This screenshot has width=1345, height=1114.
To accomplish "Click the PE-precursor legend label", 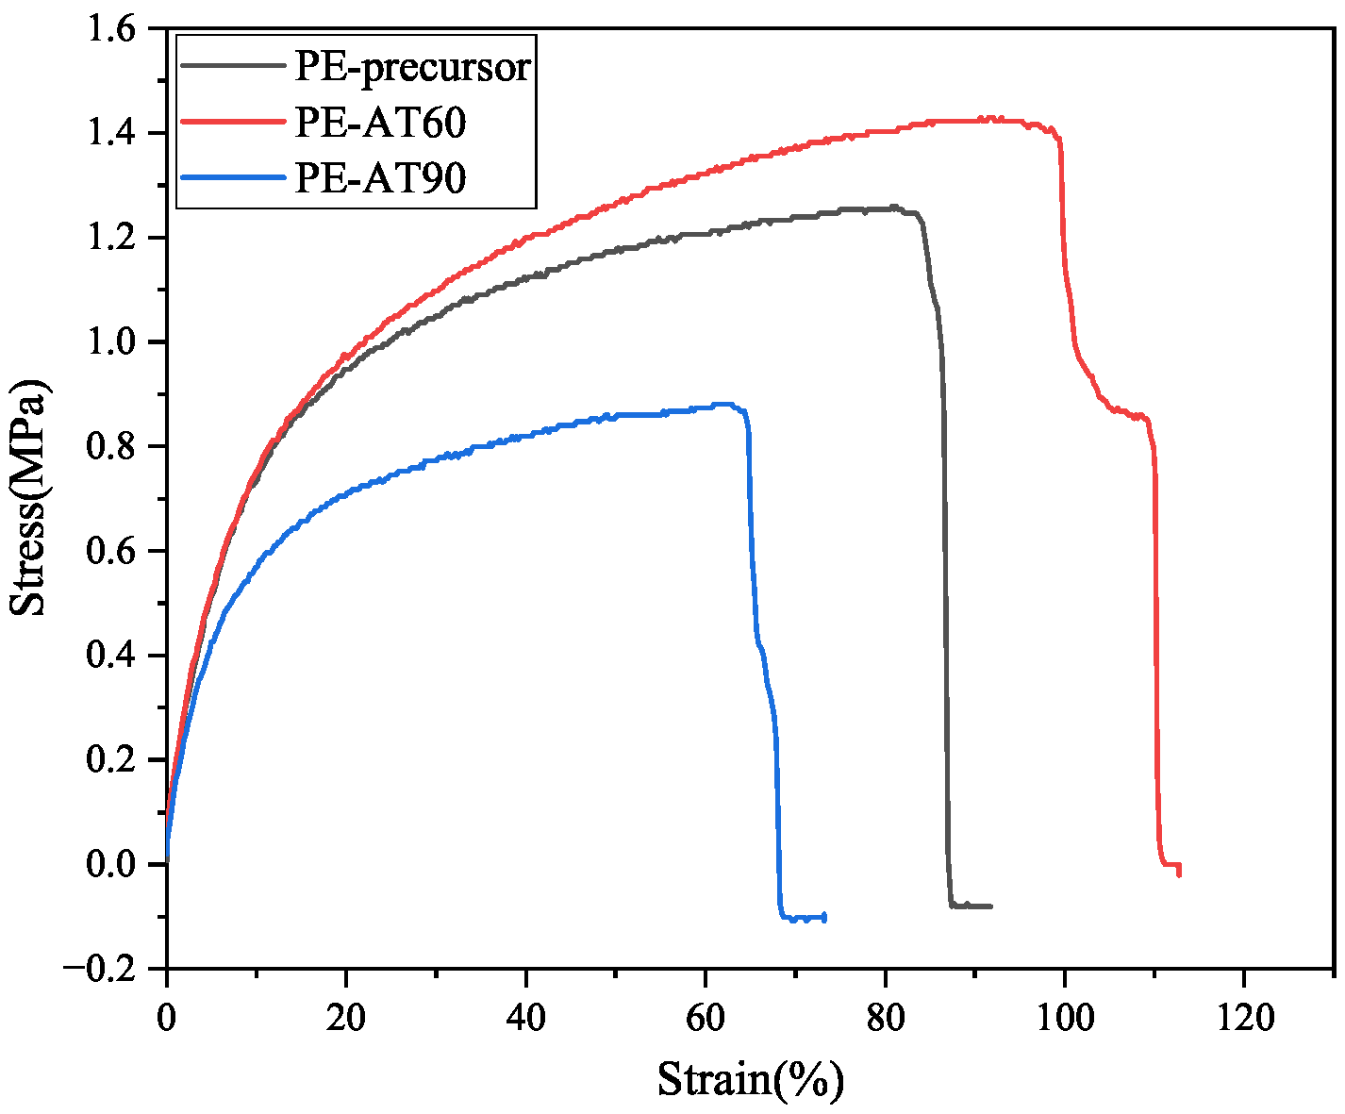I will point(413,67).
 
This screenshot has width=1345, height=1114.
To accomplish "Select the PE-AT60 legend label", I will point(380,123).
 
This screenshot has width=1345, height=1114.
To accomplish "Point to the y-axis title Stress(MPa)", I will point(29,498).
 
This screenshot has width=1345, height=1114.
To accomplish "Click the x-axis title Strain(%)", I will point(750,1079).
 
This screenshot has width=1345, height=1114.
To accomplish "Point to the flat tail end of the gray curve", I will point(976,906).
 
